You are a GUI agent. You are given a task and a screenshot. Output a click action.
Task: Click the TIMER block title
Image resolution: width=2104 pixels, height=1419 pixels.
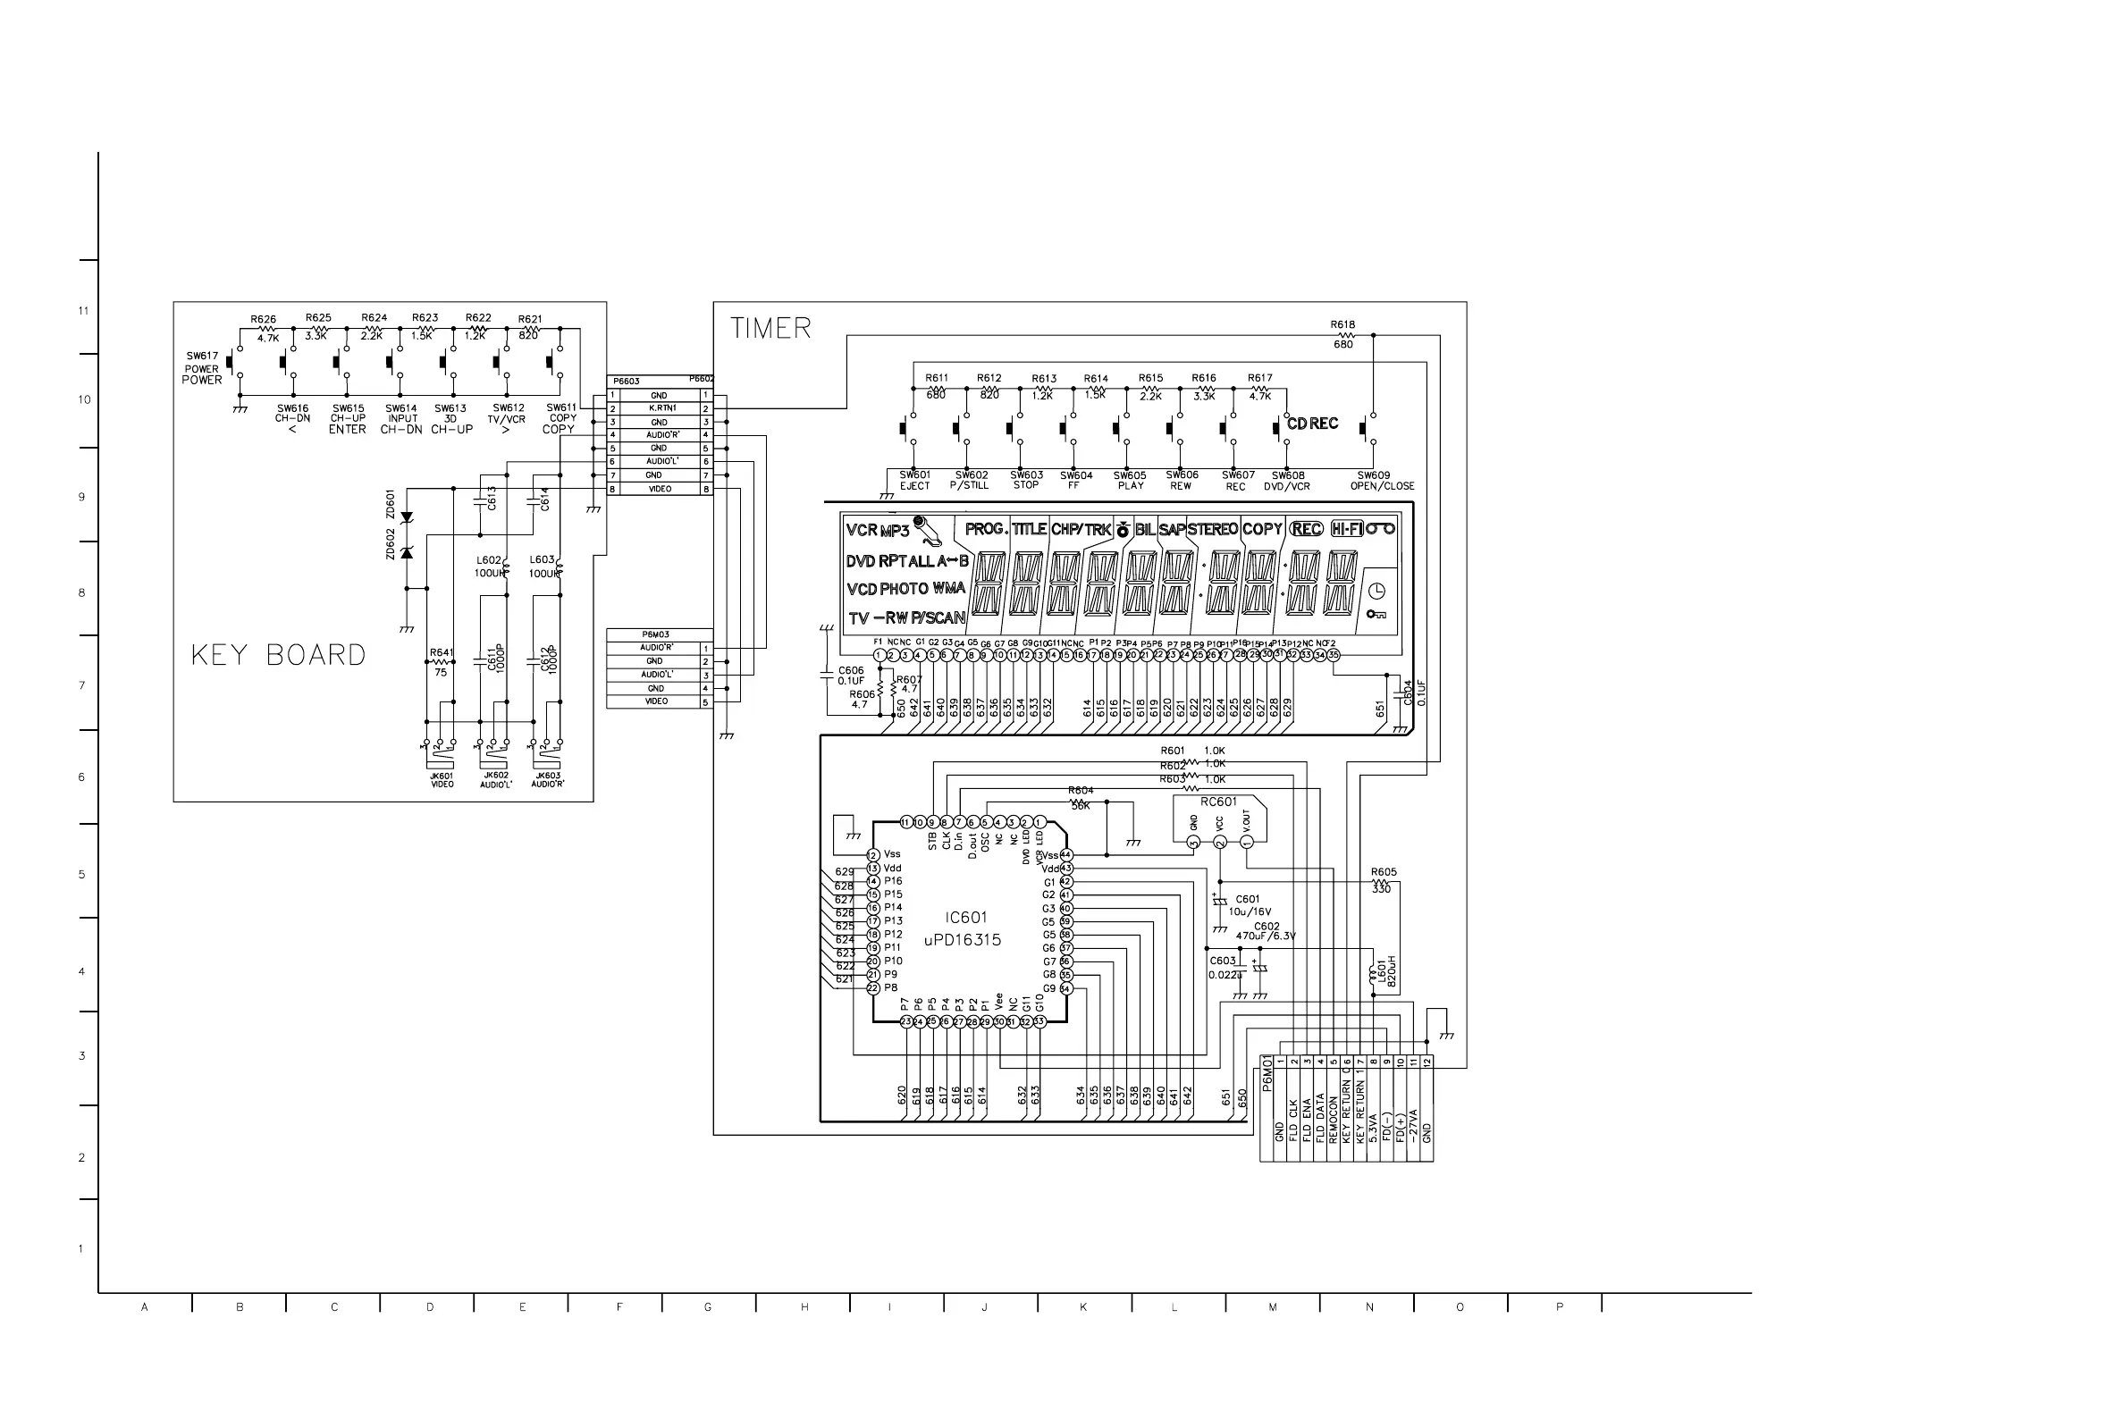tap(770, 328)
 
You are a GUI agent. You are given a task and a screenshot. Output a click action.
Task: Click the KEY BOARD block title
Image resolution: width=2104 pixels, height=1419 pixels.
tap(278, 655)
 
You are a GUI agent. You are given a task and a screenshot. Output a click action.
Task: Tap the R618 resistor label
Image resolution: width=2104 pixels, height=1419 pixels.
tap(1342, 324)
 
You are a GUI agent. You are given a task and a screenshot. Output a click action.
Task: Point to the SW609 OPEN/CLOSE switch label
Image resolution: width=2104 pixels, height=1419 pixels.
tap(1381, 481)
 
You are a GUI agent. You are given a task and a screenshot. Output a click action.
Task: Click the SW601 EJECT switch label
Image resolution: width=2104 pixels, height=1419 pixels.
tap(914, 481)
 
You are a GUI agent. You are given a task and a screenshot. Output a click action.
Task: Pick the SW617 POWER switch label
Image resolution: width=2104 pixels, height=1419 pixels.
tap(202, 367)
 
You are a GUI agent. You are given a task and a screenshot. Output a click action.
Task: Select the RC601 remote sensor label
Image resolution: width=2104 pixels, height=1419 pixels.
tap(1218, 802)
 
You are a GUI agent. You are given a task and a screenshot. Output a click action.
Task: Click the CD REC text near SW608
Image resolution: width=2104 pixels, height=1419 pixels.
tap(1312, 424)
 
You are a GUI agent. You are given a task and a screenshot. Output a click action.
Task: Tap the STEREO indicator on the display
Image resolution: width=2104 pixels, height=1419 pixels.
tap(1212, 529)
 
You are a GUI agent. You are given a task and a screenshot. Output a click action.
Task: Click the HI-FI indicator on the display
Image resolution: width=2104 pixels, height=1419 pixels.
tap(1347, 528)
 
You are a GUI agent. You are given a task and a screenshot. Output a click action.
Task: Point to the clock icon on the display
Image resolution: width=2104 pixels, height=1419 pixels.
tap(1376, 591)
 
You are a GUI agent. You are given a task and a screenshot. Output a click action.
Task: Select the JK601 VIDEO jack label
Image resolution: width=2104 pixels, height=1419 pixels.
tap(442, 780)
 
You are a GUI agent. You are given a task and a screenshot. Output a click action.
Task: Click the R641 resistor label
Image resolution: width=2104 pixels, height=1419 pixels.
tap(441, 652)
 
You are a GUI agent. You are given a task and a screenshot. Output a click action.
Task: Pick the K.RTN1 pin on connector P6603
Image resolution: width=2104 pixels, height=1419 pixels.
tap(661, 408)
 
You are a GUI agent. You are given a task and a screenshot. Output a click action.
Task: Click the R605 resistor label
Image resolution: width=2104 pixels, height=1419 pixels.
tap(1383, 872)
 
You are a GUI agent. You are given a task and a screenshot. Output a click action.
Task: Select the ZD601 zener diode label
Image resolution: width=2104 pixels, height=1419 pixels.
tap(391, 503)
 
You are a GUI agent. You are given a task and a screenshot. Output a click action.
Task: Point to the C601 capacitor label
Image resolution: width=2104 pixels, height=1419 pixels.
tap(1247, 900)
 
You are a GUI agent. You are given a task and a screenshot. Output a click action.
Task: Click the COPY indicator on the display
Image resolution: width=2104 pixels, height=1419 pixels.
tap(1261, 529)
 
